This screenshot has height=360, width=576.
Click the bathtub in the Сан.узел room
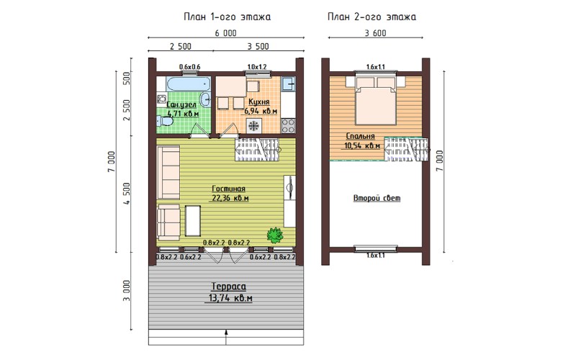pyautogui.click(x=189, y=84)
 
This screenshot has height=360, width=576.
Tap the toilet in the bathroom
pyautogui.click(x=164, y=121)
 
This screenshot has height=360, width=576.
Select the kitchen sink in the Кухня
pyautogui.click(x=289, y=84)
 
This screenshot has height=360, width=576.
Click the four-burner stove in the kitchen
pyautogui.click(x=289, y=125)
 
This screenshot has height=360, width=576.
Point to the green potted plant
pyautogui.click(x=275, y=235)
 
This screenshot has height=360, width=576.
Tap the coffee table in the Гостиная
pyautogui.click(x=193, y=221)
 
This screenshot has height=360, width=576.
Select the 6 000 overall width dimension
pyautogui.click(x=225, y=33)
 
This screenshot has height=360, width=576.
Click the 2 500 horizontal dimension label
pyautogui.click(x=181, y=46)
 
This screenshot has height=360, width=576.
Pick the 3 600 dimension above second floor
pyautogui.click(x=375, y=33)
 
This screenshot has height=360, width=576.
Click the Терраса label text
pyautogui.click(x=228, y=287)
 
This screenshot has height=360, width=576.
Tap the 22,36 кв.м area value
pyautogui.click(x=230, y=199)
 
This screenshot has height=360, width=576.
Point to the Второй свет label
pyautogui.click(x=377, y=198)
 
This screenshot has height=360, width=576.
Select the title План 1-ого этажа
pyautogui.click(x=227, y=17)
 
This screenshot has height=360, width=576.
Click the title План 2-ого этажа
pyautogui.click(x=372, y=17)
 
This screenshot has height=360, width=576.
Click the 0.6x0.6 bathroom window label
pyautogui.click(x=189, y=67)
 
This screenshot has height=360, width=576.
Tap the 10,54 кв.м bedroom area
pyautogui.click(x=362, y=146)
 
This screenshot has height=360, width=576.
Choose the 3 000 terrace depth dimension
pyautogui.click(x=127, y=291)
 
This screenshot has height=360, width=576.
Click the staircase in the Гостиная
pyautogui.click(x=256, y=150)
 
